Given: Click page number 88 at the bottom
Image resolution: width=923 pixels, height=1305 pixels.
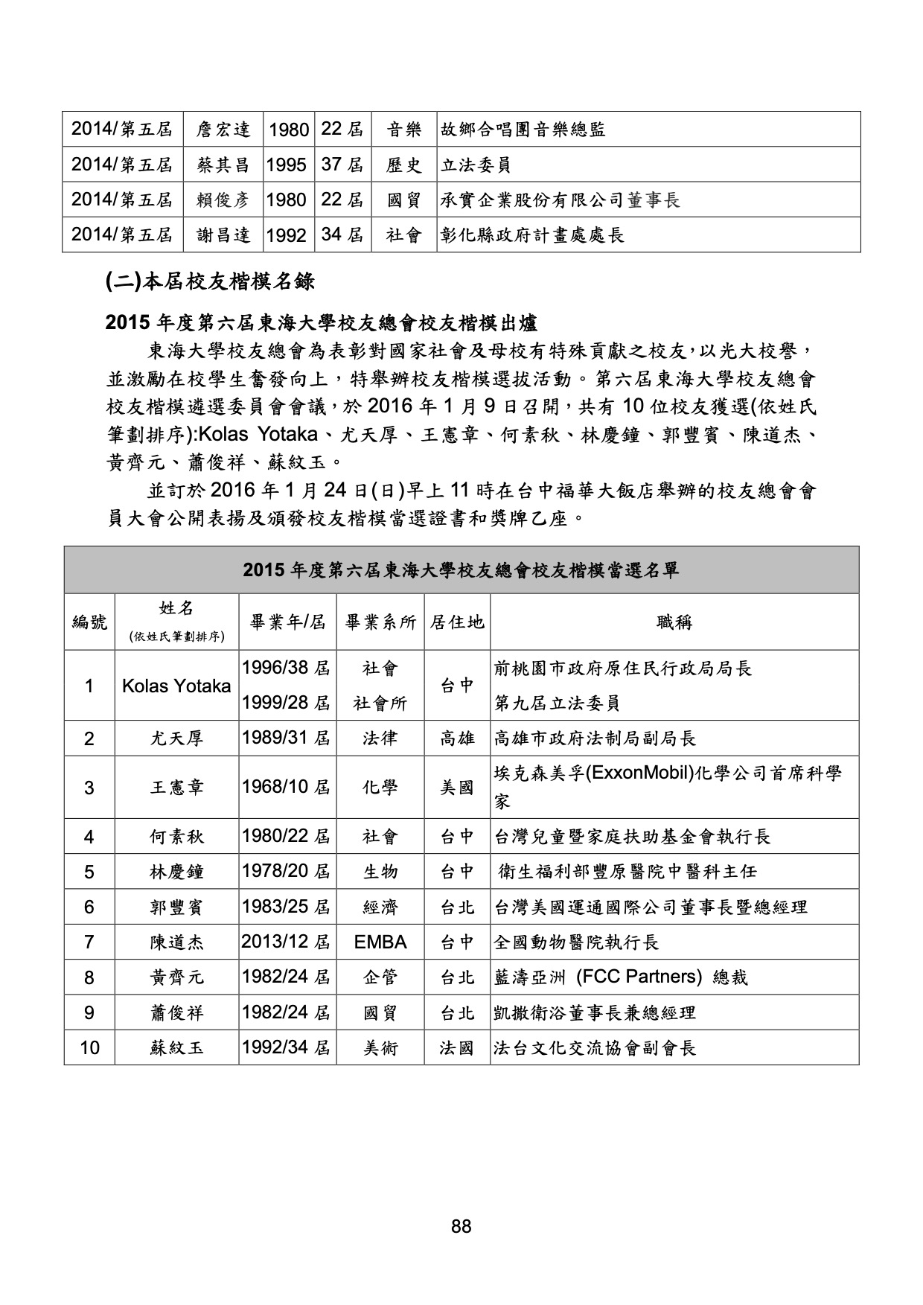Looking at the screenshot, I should (x=461, y=1227).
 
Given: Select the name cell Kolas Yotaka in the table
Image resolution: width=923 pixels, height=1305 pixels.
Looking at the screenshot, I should (x=176, y=686).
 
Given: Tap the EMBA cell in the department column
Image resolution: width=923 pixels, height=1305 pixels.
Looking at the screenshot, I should (x=380, y=942).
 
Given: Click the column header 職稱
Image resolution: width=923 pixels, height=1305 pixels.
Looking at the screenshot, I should (x=674, y=622).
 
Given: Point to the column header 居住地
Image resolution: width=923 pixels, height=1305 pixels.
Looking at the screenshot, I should (x=457, y=622).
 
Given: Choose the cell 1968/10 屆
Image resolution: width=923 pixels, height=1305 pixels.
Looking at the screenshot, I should (x=287, y=787).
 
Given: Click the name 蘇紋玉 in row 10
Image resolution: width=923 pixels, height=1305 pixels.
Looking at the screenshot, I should (x=176, y=1048).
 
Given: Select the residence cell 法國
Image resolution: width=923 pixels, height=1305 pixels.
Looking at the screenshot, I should (x=457, y=1048).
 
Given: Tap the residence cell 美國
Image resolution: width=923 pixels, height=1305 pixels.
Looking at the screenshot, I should (x=457, y=787).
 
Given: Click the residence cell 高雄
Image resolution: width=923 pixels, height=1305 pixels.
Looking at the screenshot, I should (x=457, y=738).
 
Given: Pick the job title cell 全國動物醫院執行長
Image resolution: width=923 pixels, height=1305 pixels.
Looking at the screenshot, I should (x=577, y=942).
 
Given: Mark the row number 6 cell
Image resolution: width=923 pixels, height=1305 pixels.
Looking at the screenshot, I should (x=89, y=907).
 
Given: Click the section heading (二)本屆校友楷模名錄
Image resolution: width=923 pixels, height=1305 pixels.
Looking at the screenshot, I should (x=210, y=281).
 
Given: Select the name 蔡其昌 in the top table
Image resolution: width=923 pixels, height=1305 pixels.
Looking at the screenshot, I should (x=223, y=165).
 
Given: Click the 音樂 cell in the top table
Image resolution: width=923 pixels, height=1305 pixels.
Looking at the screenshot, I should (x=404, y=130).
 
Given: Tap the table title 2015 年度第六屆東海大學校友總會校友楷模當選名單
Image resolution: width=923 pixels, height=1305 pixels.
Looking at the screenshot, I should (x=461, y=570).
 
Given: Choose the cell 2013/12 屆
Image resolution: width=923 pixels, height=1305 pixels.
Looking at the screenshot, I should (x=287, y=942).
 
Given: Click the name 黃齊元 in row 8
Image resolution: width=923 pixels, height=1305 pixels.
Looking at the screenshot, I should (x=176, y=977).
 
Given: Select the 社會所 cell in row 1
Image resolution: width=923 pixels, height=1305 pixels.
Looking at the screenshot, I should (x=380, y=703).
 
